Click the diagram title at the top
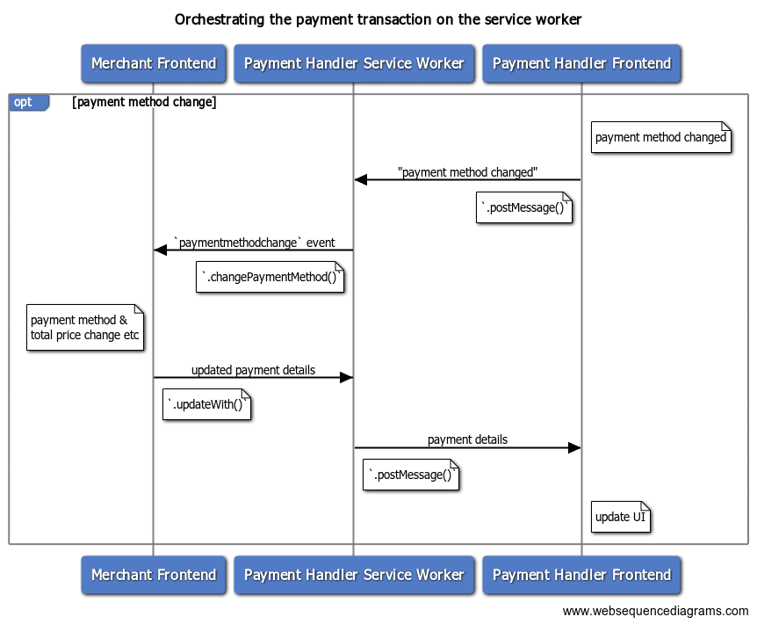click(x=378, y=18)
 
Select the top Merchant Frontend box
click(x=154, y=63)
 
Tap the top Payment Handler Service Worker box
click(x=354, y=63)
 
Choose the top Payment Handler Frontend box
click(x=581, y=63)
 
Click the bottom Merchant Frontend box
click(x=154, y=575)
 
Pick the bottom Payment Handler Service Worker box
click(x=354, y=575)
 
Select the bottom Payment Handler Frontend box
click(x=581, y=575)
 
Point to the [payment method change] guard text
click(x=144, y=102)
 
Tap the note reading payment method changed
click(x=660, y=137)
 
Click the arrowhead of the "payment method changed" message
click(x=360, y=180)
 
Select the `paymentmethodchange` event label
click(x=254, y=243)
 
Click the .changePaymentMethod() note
click(x=269, y=279)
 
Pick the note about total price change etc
click(x=84, y=328)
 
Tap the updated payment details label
click(x=253, y=370)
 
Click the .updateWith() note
click(x=207, y=406)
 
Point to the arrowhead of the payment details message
click(x=574, y=448)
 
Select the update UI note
click(x=620, y=517)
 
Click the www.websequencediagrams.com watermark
click(x=655, y=611)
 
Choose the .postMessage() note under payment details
click(x=411, y=475)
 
